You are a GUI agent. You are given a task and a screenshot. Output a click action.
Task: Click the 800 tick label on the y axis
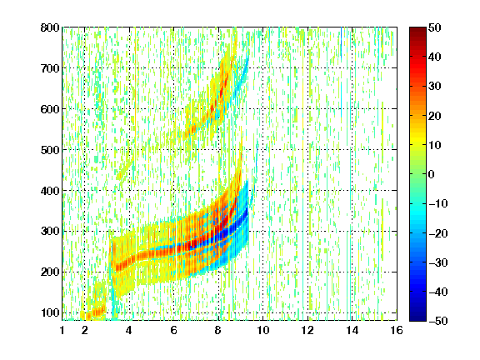50,27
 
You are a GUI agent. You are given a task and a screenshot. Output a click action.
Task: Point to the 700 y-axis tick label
50,68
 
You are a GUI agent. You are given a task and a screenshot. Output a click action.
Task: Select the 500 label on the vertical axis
50,150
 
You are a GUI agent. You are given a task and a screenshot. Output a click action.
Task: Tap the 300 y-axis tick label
50,231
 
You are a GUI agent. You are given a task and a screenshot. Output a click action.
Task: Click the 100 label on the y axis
50,312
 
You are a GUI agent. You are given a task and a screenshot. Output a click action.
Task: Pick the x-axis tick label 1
62,330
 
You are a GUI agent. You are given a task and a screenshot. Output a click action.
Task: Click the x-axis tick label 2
85,330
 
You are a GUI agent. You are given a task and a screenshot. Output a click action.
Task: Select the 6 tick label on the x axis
174,330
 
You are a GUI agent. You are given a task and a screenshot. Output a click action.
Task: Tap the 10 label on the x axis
263,330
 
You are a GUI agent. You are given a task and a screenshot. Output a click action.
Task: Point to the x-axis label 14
352,330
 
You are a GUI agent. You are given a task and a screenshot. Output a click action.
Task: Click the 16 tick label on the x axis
397,330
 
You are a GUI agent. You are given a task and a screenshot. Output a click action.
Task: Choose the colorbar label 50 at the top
435,27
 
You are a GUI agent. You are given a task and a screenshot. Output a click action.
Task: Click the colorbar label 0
432,174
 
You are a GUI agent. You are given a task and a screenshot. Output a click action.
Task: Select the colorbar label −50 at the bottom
438,321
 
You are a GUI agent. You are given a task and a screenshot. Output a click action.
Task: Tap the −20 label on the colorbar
438,233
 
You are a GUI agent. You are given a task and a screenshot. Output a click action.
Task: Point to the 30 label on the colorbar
435,87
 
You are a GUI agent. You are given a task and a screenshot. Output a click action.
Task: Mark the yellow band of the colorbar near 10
417,144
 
